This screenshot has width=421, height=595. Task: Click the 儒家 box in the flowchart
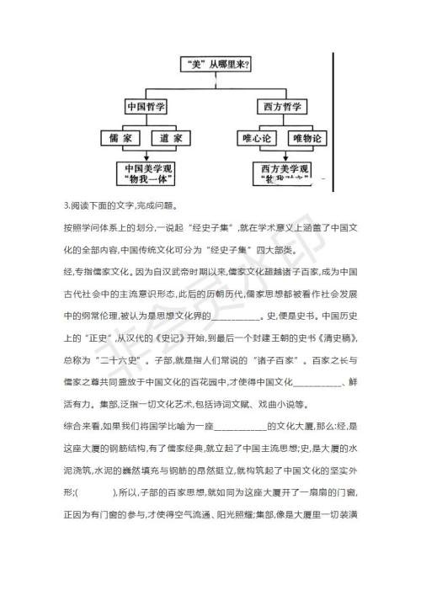116,136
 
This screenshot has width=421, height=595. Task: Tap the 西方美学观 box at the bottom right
280,174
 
